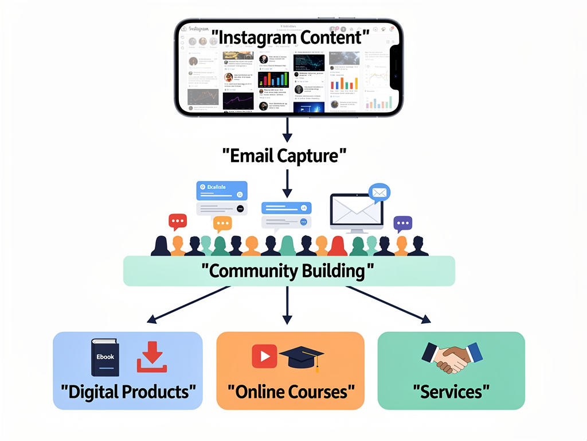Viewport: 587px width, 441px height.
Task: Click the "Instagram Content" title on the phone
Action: click(x=289, y=37)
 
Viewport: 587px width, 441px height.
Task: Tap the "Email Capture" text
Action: click(x=285, y=155)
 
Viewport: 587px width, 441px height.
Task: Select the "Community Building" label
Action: click(x=288, y=270)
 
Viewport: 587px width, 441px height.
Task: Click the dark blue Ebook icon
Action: click(x=105, y=357)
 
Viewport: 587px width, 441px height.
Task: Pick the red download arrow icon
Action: click(x=152, y=357)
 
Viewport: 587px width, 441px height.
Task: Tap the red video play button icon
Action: click(x=264, y=356)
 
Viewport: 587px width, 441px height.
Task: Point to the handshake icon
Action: click(x=452, y=357)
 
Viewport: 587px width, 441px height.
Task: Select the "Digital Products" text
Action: click(x=128, y=392)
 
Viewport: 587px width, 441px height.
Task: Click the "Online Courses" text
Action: click(x=290, y=392)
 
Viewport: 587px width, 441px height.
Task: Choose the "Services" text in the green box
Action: click(x=451, y=392)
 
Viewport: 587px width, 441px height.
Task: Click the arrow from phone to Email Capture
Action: click(x=287, y=130)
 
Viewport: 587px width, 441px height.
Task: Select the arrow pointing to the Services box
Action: click(x=388, y=303)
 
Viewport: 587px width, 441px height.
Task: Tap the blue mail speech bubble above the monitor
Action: click(x=379, y=192)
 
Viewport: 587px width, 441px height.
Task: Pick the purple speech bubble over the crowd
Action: click(x=402, y=223)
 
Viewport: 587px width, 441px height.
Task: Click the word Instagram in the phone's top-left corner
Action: click(x=199, y=29)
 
